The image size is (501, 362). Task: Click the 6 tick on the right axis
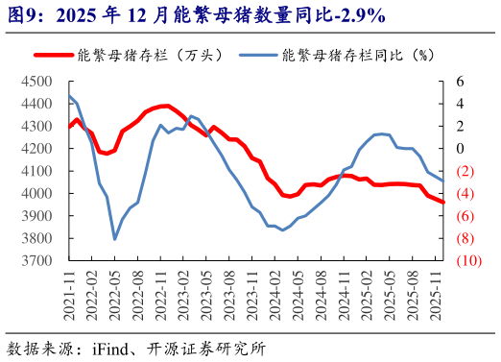click(460, 82)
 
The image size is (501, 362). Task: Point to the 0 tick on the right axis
click(460, 149)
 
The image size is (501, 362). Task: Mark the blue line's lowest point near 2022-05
click(115, 239)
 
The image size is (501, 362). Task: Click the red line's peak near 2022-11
click(167, 106)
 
